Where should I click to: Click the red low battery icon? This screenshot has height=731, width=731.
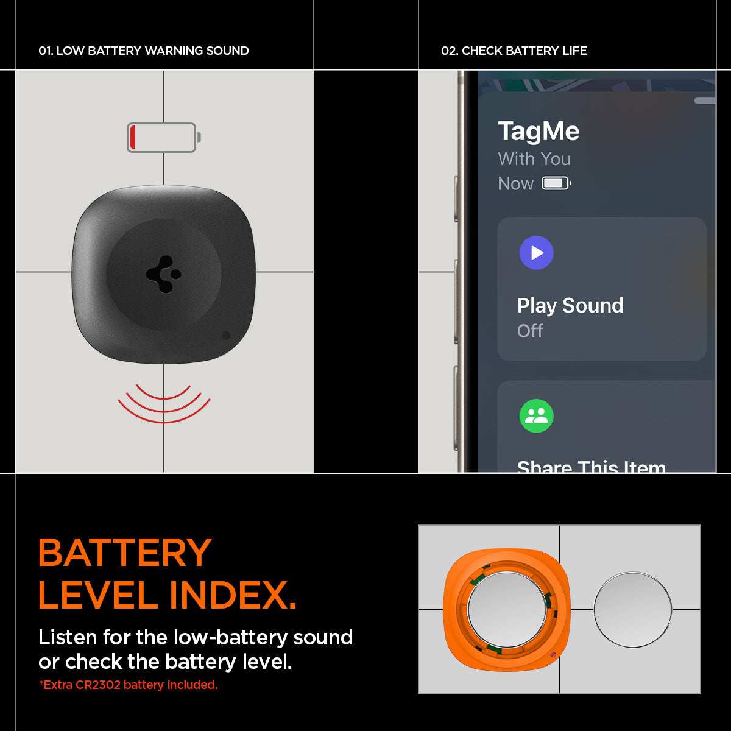[164, 137]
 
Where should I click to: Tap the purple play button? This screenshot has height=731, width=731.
[536, 253]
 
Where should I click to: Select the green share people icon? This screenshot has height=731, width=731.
[536, 416]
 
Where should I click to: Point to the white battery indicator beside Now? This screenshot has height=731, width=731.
[556, 183]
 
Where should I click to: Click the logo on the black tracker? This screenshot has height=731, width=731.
[164, 274]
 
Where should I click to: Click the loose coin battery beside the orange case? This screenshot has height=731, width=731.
[632, 610]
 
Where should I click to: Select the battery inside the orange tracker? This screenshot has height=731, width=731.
[507, 609]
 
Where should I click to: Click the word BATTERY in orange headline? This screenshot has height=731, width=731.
[125, 553]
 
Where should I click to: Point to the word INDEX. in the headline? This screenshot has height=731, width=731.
[233, 595]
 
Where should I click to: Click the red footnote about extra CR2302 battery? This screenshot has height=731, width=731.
[128, 685]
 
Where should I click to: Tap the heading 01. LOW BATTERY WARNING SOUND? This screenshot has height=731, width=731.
[144, 51]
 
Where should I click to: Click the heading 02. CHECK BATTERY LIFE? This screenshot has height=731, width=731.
[514, 51]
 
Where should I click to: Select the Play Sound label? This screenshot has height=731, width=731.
[570, 306]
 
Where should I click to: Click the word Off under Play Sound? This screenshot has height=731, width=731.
[530, 331]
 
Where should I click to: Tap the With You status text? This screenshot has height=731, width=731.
[534, 158]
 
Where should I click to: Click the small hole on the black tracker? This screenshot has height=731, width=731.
[226, 335]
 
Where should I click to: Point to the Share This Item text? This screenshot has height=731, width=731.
[592, 467]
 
